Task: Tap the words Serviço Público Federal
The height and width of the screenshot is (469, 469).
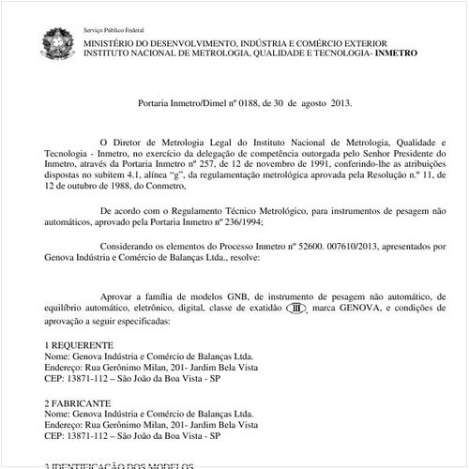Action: point(110,30)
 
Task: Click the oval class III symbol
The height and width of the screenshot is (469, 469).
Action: point(296,309)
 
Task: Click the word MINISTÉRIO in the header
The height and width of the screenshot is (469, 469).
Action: point(116,43)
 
